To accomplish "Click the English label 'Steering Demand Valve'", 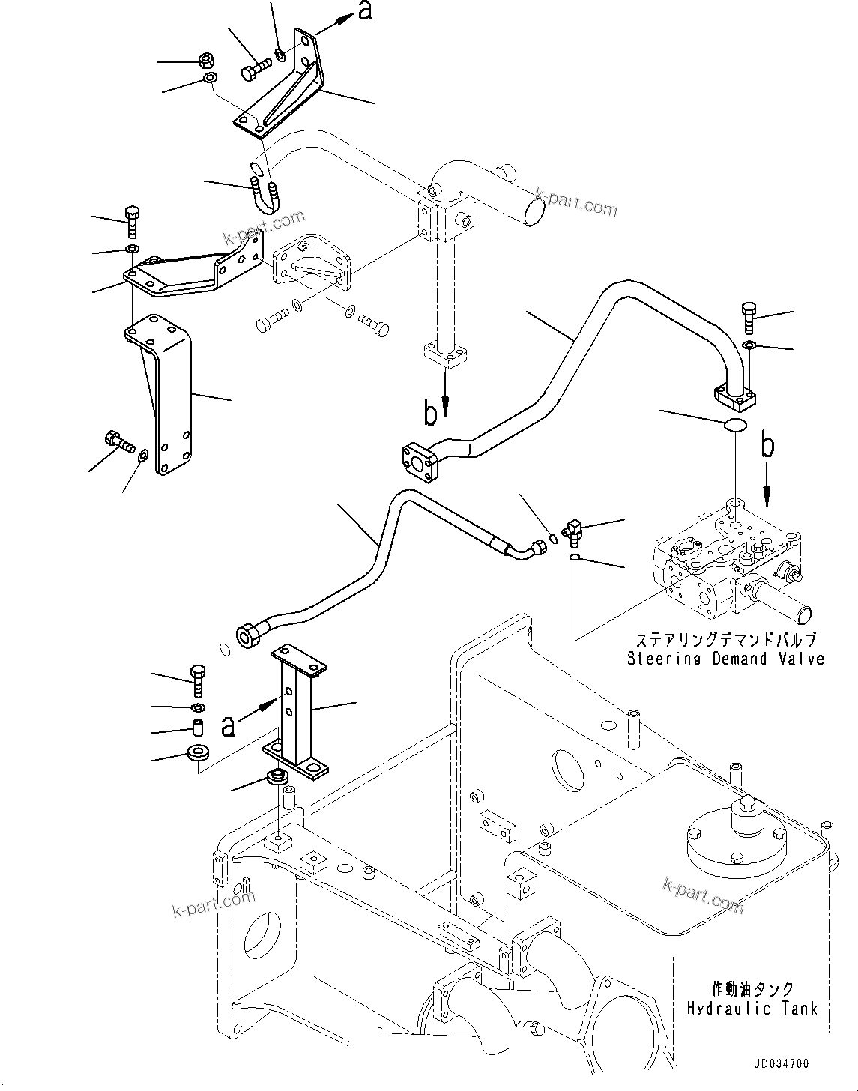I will pos(725,659).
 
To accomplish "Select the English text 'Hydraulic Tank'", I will pos(752,1008).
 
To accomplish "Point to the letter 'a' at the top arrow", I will pos(365,12).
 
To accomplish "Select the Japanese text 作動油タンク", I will pos(752,990).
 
